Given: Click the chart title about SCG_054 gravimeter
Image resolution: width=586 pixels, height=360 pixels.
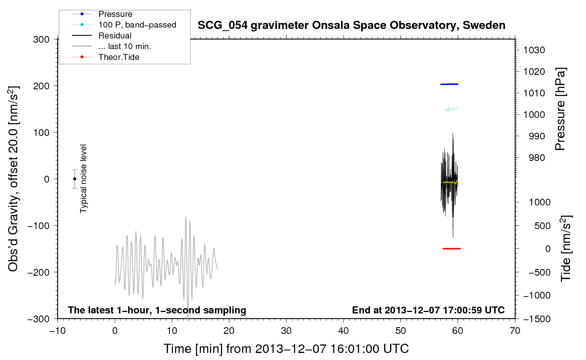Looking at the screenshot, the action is click(351, 25).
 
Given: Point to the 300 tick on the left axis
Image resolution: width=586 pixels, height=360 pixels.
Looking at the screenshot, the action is click(41, 40).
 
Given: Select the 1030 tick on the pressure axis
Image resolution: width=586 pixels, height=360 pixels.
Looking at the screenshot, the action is click(534, 50).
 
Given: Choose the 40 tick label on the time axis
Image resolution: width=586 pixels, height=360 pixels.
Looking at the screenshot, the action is click(343, 331).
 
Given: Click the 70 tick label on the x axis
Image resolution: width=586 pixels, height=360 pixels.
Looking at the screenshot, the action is click(515, 331).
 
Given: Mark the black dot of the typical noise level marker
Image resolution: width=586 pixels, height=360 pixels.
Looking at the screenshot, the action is click(74, 179).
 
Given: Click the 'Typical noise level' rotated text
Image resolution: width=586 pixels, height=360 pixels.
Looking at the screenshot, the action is click(83, 179).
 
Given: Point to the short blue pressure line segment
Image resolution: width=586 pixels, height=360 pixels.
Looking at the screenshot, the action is click(449, 84).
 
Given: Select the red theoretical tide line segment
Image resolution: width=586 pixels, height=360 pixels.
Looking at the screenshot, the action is click(452, 248).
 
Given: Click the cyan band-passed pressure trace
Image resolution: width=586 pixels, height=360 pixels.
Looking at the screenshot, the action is click(452, 109).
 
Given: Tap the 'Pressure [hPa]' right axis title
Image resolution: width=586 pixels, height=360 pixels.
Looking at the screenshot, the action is click(560, 109).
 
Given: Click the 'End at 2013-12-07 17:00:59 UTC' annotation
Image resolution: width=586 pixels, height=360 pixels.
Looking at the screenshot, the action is click(428, 310).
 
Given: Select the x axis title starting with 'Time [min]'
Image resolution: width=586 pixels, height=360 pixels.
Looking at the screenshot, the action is click(286, 349).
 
